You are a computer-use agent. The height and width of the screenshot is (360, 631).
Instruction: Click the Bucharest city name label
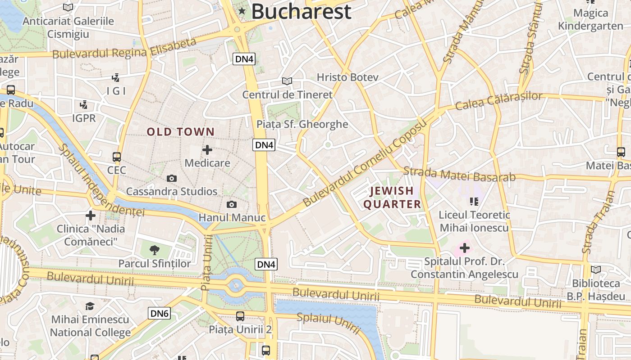click(301, 11)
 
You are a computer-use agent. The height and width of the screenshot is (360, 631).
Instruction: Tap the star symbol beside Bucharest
click(242, 11)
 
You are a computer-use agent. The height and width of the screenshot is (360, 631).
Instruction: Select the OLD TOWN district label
click(180, 132)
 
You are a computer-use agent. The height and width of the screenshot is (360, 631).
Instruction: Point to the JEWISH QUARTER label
click(392, 198)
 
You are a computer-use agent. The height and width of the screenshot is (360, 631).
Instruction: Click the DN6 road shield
click(160, 313)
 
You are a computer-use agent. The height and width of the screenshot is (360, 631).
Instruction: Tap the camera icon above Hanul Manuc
click(232, 205)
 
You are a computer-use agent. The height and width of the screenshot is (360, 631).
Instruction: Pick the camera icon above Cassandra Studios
click(171, 179)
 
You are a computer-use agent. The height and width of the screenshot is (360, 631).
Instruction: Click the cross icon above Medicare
click(207, 150)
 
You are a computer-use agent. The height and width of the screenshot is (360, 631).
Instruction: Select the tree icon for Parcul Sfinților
click(154, 250)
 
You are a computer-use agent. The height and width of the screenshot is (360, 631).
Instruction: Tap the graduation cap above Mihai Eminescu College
click(90, 306)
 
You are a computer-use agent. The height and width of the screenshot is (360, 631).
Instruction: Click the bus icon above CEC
click(117, 157)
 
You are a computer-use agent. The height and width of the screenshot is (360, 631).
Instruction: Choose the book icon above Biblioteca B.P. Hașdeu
click(596, 270)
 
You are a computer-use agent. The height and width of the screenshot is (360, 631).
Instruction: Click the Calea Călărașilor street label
click(498, 101)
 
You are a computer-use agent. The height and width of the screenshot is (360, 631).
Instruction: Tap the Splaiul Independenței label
click(101, 180)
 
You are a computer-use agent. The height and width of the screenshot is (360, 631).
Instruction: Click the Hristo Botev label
click(348, 77)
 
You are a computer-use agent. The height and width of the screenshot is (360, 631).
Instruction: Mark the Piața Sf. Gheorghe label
click(302, 124)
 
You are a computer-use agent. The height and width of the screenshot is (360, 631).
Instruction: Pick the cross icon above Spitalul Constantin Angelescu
click(465, 247)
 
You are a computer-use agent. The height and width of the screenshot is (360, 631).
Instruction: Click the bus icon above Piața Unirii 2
click(240, 316)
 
